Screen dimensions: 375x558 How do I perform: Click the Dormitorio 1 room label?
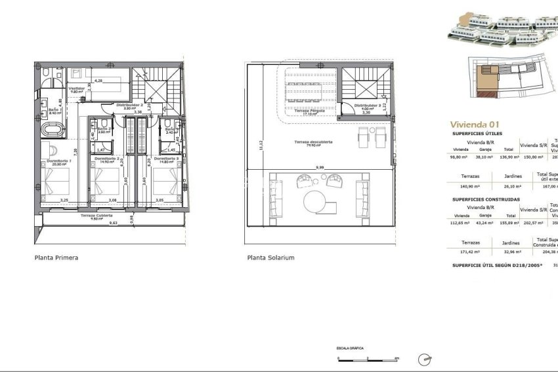pos(59,159)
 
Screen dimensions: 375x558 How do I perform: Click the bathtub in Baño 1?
pos(53,130)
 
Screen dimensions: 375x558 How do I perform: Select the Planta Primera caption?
pos(56,258)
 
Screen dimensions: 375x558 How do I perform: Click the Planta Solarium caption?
pos(270,258)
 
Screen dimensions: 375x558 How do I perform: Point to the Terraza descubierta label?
pos(313,142)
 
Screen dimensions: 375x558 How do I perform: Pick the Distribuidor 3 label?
pos(367,106)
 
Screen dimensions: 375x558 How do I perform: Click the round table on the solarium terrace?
pos(315,201)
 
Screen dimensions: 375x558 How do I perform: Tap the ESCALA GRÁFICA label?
pos(350,348)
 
